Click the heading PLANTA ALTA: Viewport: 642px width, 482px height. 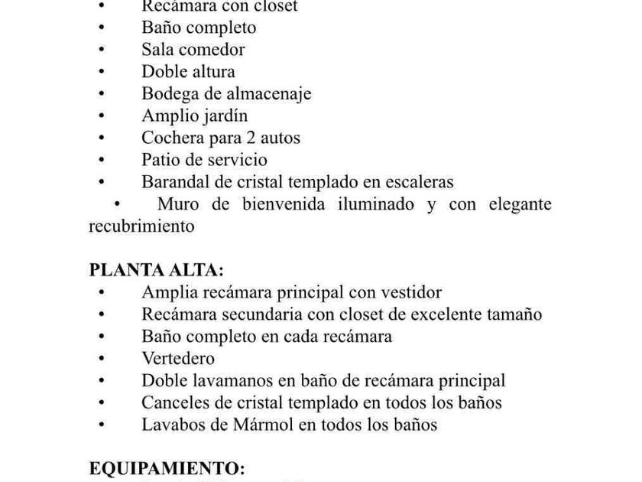click(x=156, y=270)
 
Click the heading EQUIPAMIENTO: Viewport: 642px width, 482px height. click(x=167, y=468)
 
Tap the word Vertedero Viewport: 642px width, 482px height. click(x=178, y=358)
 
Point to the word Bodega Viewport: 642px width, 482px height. click(x=168, y=94)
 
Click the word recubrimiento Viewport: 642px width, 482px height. click(x=141, y=226)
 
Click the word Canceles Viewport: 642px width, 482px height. click(x=174, y=402)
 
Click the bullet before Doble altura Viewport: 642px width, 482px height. click(x=102, y=72)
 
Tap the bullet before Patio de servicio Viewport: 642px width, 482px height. click(x=102, y=161)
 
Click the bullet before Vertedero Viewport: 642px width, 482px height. click(x=102, y=359)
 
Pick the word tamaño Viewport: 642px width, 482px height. click(x=514, y=314)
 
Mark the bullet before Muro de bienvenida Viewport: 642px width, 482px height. click(x=117, y=204)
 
